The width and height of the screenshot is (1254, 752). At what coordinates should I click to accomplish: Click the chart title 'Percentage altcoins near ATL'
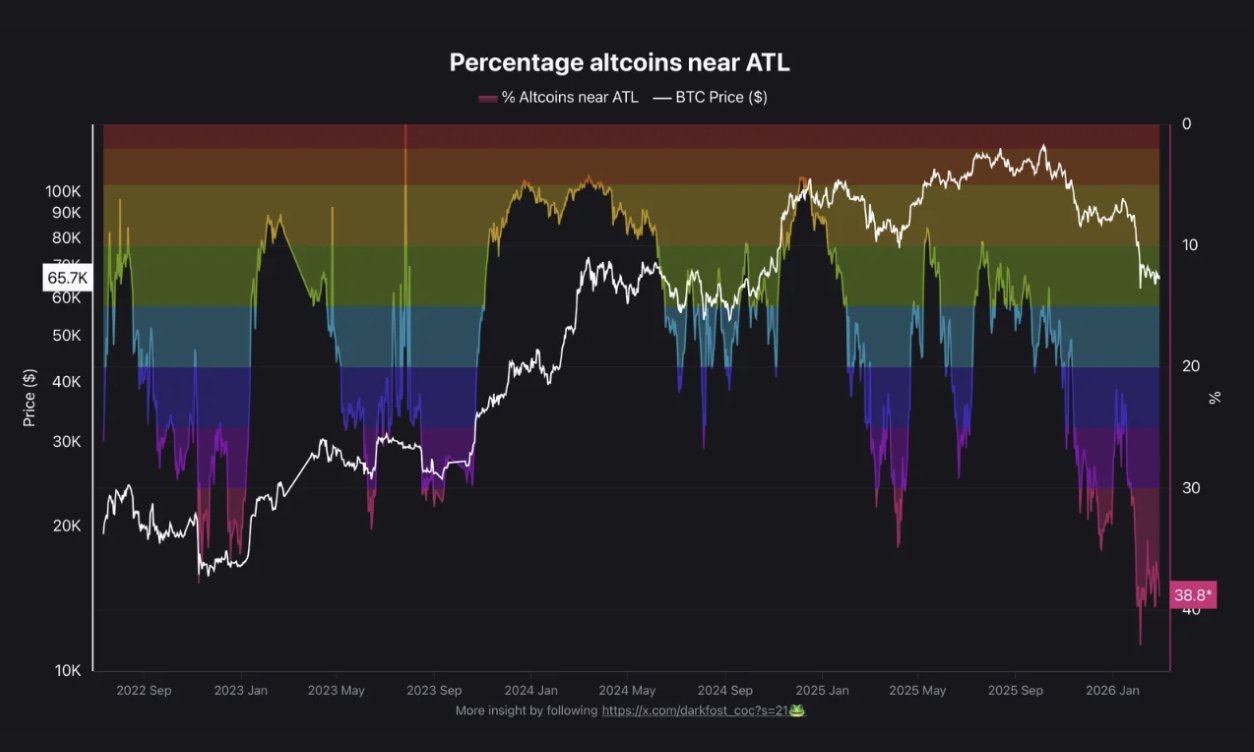[619, 62]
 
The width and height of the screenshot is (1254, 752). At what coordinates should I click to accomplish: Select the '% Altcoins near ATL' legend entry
[558, 97]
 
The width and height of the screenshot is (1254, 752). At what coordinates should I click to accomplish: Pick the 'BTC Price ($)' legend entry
[709, 97]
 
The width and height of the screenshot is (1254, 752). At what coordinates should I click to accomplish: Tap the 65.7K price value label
[68, 277]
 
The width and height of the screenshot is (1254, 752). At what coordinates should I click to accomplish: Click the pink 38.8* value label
[1192, 595]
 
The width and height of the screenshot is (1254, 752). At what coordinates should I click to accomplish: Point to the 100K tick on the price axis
[63, 191]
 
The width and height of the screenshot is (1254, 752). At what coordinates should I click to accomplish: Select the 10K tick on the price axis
[67, 670]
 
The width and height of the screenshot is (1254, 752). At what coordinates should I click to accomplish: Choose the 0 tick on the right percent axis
[1186, 124]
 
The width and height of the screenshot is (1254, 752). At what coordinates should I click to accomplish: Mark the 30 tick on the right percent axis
[1190, 488]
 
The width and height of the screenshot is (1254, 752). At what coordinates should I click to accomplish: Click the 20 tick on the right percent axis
[1190, 367]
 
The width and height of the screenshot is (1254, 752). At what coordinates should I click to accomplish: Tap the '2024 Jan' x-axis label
[531, 690]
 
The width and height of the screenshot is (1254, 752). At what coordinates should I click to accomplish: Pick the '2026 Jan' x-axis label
[1113, 690]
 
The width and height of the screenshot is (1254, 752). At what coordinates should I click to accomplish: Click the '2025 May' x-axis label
[917, 690]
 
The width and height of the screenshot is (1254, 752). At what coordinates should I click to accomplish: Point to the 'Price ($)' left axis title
[29, 397]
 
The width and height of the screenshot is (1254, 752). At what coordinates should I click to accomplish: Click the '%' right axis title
[1215, 397]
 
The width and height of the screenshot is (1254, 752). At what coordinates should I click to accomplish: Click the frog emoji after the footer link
[797, 711]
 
